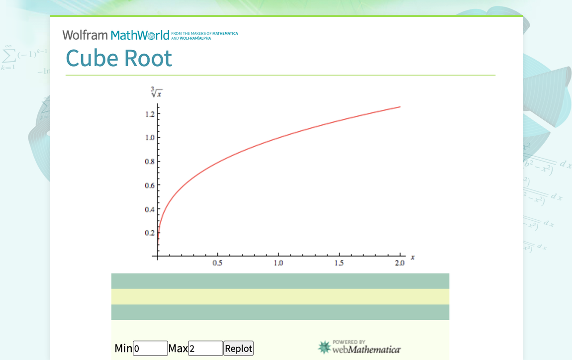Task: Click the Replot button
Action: (x=238, y=349)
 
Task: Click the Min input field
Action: (x=150, y=349)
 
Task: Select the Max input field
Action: (x=205, y=349)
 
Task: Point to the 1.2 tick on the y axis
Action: (x=149, y=114)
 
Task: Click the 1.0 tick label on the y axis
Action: (x=149, y=138)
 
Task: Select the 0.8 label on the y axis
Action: (x=149, y=162)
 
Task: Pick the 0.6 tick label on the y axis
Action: (x=149, y=185)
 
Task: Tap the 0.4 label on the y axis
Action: (x=149, y=209)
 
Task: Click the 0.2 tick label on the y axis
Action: (x=149, y=233)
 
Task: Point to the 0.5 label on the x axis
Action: (x=217, y=264)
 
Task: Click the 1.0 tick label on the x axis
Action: (x=278, y=264)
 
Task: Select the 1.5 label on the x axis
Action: (x=339, y=264)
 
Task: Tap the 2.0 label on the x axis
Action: (x=399, y=264)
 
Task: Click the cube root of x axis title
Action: (x=156, y=92)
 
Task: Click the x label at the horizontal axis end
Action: (x=413, y=257)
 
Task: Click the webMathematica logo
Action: (x=359, y=347)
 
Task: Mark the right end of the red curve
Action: (x=400, y=107)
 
